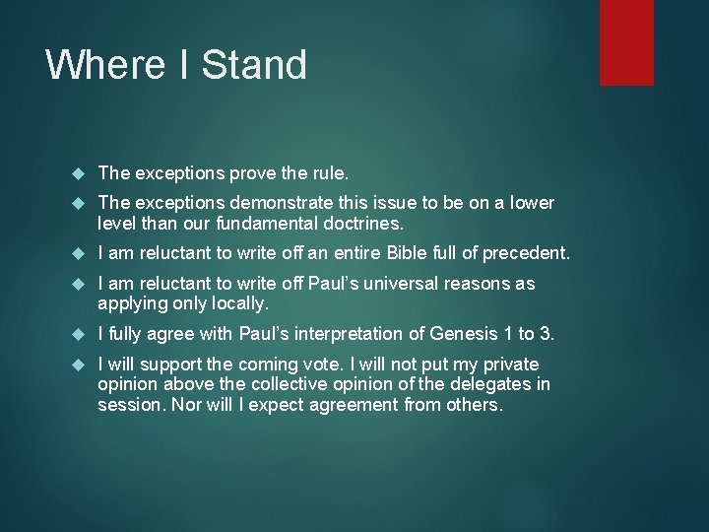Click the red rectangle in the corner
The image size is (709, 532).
(x=627, y=41)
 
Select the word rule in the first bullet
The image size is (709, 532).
(x=329, y=173)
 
